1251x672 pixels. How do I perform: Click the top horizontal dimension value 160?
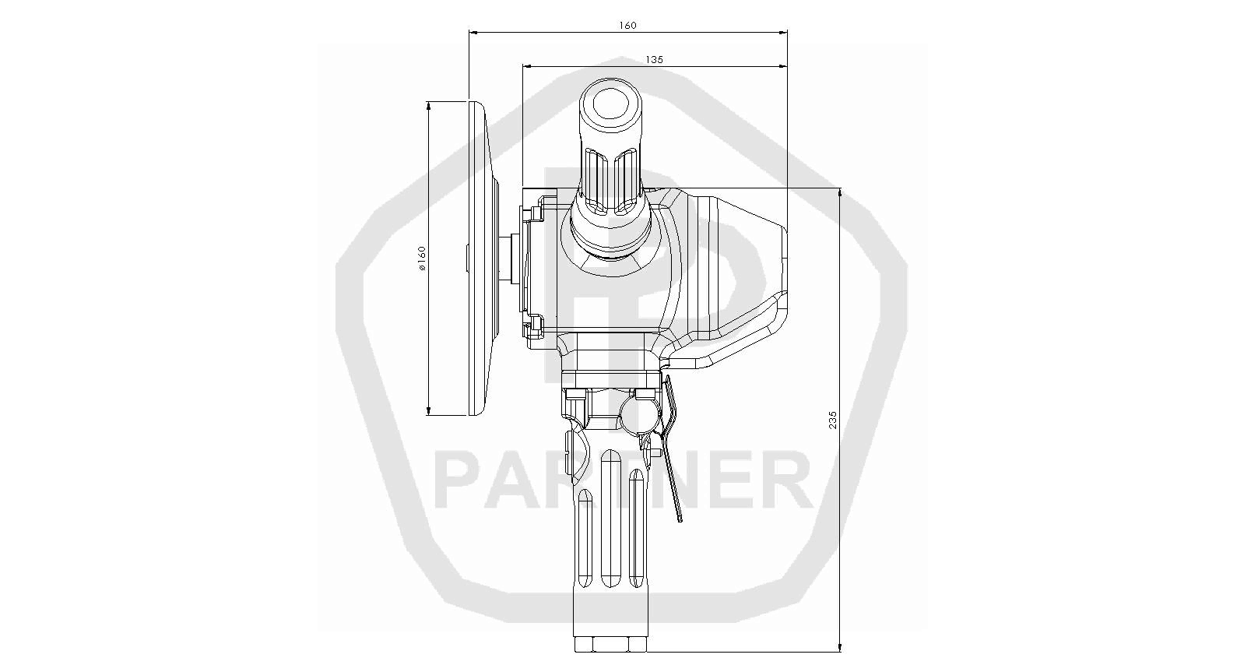627,25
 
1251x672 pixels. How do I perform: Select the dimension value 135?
654,59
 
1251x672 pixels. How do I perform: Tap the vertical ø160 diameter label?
422,259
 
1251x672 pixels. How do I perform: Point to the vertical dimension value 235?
833,420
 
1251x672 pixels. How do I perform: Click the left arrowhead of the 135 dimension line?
527,66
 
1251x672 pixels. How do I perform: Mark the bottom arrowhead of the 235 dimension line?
840,647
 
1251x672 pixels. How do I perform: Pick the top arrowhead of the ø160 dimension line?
428,106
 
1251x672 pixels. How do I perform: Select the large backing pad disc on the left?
481,259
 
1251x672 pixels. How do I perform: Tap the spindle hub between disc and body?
509,259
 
